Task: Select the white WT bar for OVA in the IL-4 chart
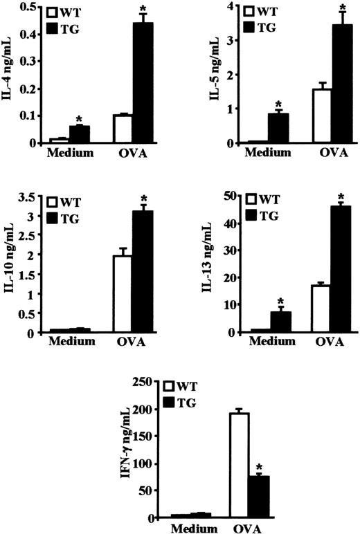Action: click(x=123, y=129)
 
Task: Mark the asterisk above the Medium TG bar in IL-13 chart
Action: click(x=280, y=301)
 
